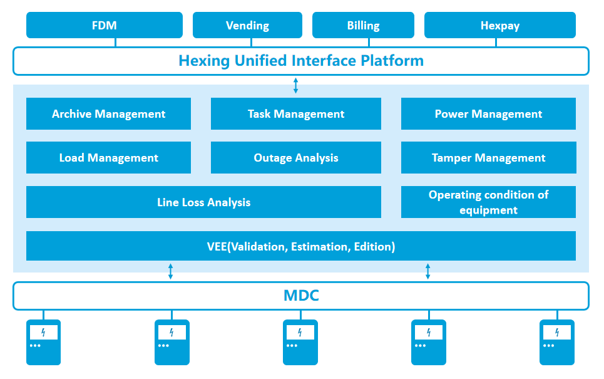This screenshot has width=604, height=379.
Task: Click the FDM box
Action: [x=104, y=25]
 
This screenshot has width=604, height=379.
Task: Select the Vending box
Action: [x=247, y=25]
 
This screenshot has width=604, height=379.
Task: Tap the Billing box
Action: [x=363, y=25]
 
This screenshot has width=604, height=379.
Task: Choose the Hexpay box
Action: [x=499, y=25]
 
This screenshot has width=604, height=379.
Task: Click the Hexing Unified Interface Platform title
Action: [x=300, y=61]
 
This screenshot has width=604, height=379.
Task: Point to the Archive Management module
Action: [x=108, y=114]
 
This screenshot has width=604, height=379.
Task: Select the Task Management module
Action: [x=295, y=114]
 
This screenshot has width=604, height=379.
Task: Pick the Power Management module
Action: [x=488, y=114]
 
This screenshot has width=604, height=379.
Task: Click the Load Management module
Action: [x=108, y=158]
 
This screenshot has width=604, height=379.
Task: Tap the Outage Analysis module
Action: [x=295, y=158]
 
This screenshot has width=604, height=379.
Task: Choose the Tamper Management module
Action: [x=488, y=158]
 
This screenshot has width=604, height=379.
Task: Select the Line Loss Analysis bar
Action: [x=203, y=202]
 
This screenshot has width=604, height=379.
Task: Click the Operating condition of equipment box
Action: [x=488, y=202]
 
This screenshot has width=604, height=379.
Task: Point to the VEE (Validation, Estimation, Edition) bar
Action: [x=300, y=246]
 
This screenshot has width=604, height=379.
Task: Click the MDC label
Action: [x=301, y=296]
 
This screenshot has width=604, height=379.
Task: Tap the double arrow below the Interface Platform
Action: [x=296, y=85]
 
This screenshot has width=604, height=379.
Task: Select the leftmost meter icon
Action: [x=43, y=342]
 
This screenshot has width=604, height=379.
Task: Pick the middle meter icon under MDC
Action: [x=300, y=342]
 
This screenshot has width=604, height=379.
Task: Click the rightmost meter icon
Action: [x=557, y=342]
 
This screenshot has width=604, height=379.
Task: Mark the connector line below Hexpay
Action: [x=497, y=43]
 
